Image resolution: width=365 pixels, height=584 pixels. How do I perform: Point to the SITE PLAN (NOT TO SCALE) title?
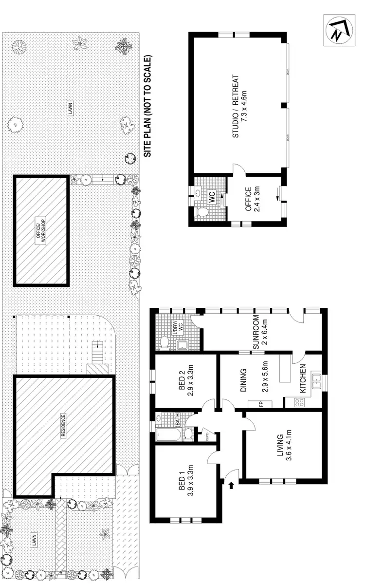pos(148,106)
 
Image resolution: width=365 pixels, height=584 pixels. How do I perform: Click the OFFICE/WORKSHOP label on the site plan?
pos(41,231)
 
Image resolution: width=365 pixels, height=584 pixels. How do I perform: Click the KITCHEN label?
pos(302,378)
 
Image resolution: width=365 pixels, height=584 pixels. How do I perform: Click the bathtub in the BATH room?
pos(169,434)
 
